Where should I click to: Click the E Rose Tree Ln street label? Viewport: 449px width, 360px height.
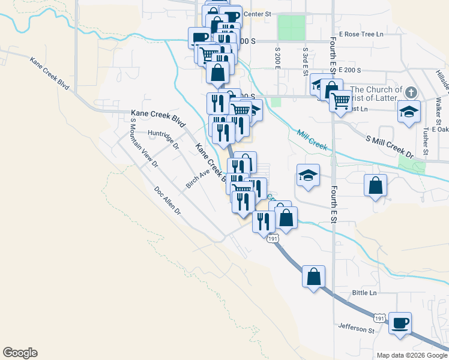pyautogui.click(x=361, y=34)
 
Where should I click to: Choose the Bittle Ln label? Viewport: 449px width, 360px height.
pyautogui.click(x=364, y=293)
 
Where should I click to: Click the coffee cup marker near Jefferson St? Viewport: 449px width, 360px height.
pyautogui.click(x=400, y=323)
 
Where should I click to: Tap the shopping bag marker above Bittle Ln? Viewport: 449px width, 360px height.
pyautogui.click(x=313, y=277)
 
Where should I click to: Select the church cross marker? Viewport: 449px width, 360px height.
pyautogui.click(x=411, y=92)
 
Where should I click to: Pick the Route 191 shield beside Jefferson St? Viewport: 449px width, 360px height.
pyautogui.click(x=379, y=316)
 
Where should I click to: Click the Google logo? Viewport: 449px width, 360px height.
pyautogui.click(x=20, y=353)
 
